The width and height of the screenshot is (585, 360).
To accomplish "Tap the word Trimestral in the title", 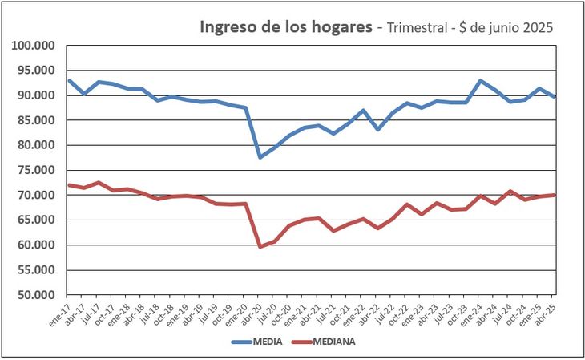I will (x=422, y=28).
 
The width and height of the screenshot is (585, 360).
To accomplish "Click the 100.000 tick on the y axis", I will (x=32, y=46).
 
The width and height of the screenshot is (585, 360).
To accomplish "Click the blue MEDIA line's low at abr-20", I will (x=260, y=157).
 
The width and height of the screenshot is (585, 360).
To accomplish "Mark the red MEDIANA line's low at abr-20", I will (x=260, y=246).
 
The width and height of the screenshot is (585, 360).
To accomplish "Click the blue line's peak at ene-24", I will (x=481, y=81).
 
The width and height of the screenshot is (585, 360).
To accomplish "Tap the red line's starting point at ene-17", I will (x=69, y=185).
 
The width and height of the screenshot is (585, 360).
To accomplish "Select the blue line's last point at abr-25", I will (x=555, y=96).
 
